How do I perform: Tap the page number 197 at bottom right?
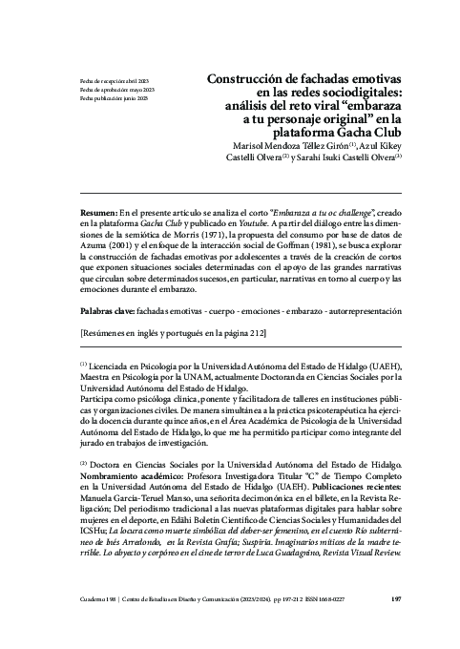[395, 600]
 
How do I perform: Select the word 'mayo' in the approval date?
[118, 90]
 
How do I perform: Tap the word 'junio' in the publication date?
[123, 98]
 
